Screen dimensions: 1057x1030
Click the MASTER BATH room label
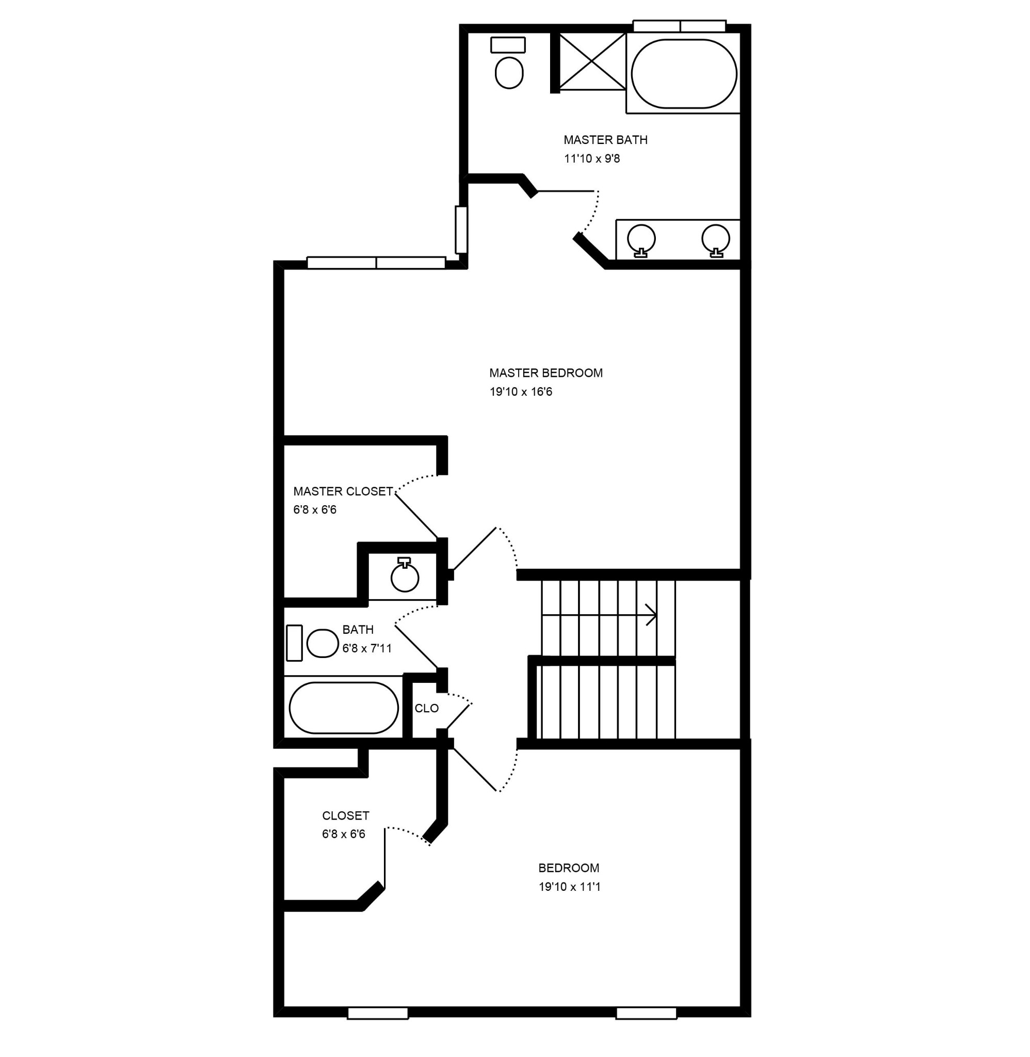tap(605, 140)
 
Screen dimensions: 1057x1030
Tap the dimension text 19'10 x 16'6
tap(521, 392)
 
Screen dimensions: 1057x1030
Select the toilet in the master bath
tap(509, 72)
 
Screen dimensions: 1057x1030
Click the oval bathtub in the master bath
tap(684, 74)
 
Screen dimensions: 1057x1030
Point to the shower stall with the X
tap(592, 61)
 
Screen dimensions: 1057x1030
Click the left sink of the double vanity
tap(641, 238)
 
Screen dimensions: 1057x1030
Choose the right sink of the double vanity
tap(716, 238)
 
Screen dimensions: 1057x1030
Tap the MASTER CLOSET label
tap(343, 491)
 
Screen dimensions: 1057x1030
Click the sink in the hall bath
tap(405, 578)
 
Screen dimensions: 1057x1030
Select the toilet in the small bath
tap(323, 643)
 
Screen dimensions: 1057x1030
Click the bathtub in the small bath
tap(344, 708)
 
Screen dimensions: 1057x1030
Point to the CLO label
tap(426, 709)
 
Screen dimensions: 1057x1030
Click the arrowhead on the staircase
tap(652, 615)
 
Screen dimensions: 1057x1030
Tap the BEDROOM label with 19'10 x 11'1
tap(569, 868)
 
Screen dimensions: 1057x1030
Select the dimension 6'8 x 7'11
tap(367, 648)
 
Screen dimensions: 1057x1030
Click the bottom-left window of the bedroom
tap(378, 1013)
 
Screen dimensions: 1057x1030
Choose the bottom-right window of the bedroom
tap(647, 1013)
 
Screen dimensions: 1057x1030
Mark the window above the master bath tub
tap(679, 26)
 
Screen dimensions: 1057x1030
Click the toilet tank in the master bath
tap(508, 45)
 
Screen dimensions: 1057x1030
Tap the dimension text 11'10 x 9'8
tap(592, 159)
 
